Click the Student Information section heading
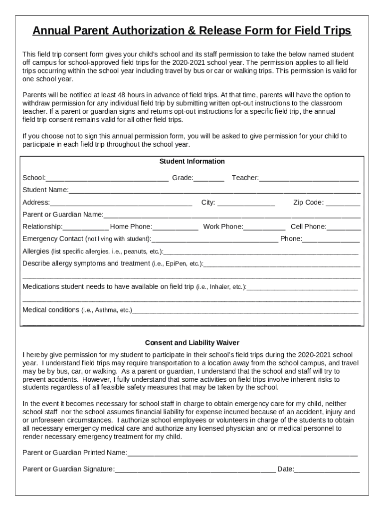pos(192,162)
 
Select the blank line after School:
pos(107,179)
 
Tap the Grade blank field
pos(209,179)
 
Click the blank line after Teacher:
pos(309,179)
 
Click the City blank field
pos(246,203)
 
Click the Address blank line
pos(121,203)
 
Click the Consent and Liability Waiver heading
pos(192,343)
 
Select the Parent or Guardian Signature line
pos(195,470)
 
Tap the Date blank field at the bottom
pos(327,470)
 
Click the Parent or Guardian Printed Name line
pos(242,454)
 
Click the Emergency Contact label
pos(53,239)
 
